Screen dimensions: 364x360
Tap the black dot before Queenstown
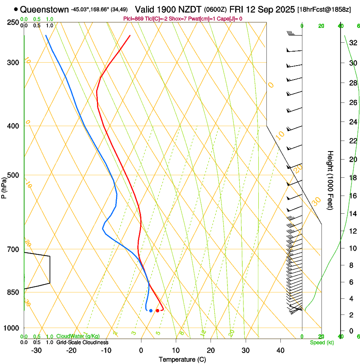pos(16,9)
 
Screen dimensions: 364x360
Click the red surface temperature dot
pos(158,311)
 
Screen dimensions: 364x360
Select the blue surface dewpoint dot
pos(150,311)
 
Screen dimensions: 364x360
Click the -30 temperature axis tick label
pos(36,350)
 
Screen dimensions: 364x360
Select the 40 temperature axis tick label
pos(280,350)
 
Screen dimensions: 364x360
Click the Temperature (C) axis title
pos(182,359)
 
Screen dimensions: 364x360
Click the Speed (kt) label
pos(321,342)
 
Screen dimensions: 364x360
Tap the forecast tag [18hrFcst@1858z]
pos(324,9)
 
